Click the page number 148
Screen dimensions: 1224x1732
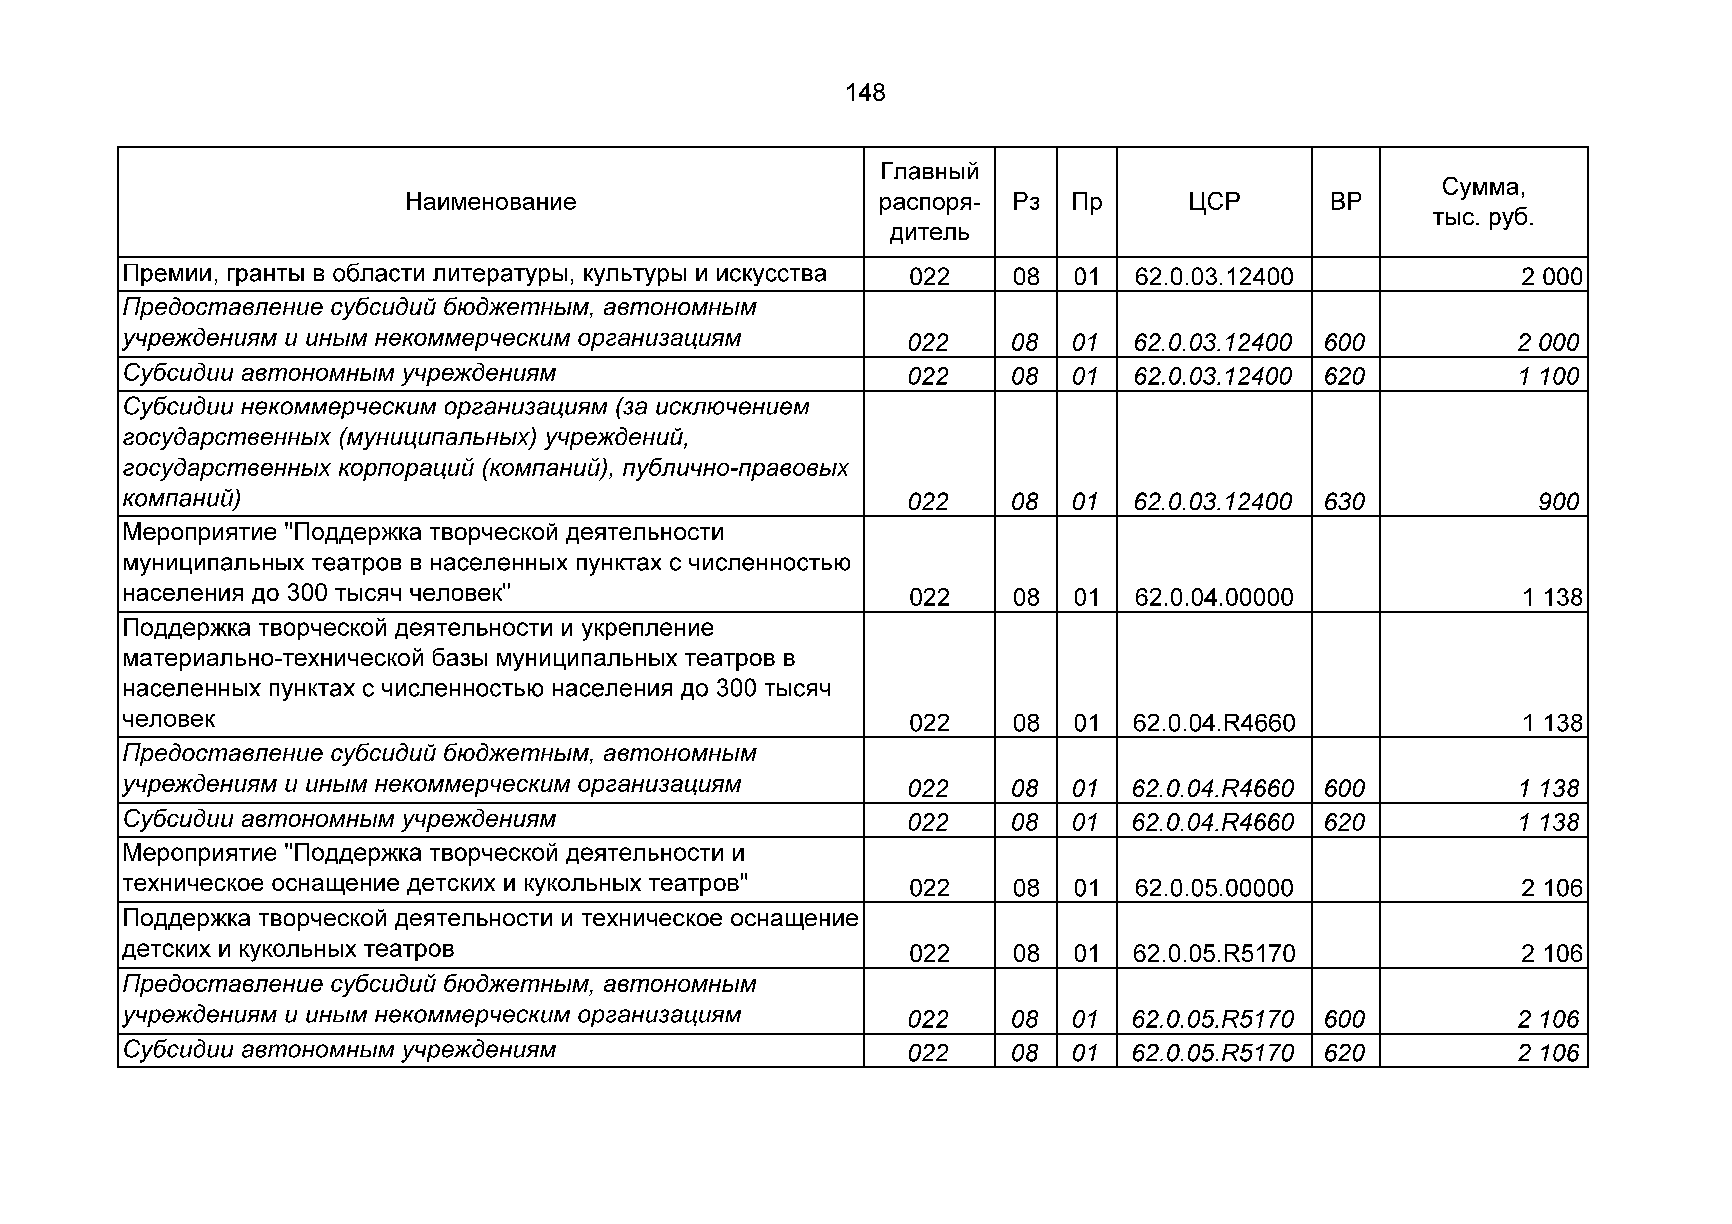point(865,93)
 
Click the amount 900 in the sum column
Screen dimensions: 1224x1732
point(1558,502)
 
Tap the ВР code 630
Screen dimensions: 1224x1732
point(1344,502)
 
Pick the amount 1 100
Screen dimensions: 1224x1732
point(1549,376)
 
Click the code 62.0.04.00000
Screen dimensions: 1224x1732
point(1214,597)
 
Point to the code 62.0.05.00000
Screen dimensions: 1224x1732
point(1214,888)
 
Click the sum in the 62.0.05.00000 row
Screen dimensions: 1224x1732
point(1552,888)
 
